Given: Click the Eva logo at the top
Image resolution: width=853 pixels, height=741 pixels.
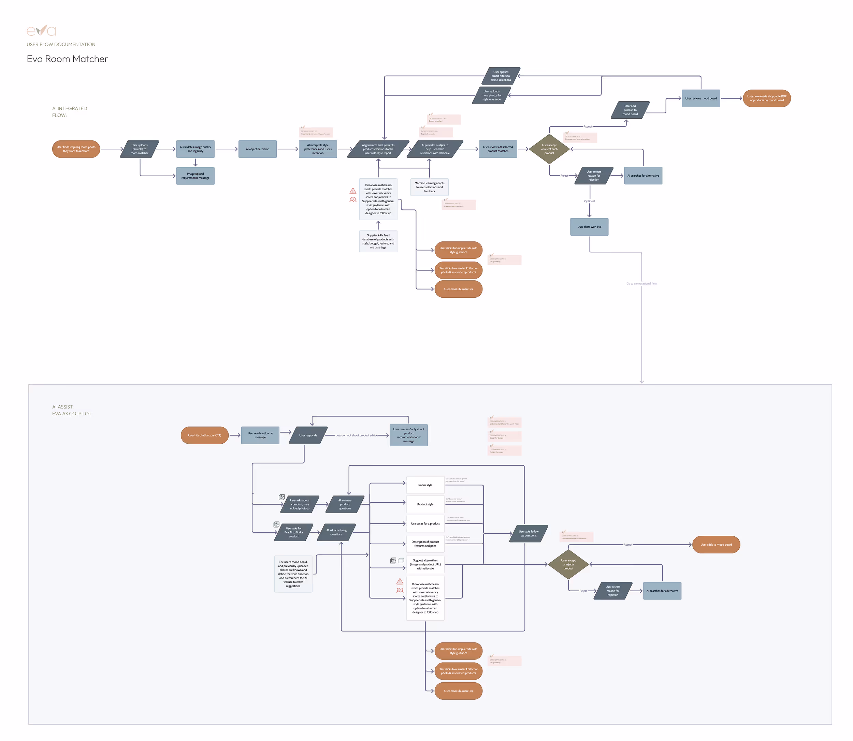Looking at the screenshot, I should pos(41,31).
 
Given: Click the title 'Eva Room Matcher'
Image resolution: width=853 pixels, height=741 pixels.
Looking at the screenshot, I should pos(68,59).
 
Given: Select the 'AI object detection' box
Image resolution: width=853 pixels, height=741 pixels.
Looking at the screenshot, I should pos(257,149).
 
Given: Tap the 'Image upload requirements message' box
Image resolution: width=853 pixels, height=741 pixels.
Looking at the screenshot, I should pos(195,176).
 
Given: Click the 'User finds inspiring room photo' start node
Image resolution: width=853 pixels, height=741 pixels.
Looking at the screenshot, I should pos(76,149).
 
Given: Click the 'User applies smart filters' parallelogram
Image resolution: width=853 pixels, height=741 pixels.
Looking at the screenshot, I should pos(501,76).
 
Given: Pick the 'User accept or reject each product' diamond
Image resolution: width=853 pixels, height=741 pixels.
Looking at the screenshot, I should pos(549,149).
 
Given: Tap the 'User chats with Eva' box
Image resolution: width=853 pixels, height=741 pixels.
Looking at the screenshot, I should pos(589,227).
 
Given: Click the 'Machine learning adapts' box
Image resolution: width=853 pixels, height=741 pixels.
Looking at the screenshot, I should pos(429,187).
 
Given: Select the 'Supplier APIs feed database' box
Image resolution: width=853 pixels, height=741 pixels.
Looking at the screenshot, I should pos(378,241).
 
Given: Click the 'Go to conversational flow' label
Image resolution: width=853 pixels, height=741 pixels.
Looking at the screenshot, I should pos(641,284).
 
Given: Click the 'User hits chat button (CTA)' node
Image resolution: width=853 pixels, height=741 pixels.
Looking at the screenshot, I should pos(205,435).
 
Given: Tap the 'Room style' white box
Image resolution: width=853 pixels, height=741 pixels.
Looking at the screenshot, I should pos(425,485).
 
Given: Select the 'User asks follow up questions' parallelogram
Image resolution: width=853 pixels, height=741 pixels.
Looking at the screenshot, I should pos(529,533).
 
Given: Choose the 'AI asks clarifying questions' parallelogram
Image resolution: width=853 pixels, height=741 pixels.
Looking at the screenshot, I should pos(336,532).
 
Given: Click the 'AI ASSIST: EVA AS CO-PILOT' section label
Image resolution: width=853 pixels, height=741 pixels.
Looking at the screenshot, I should pos(72,410).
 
